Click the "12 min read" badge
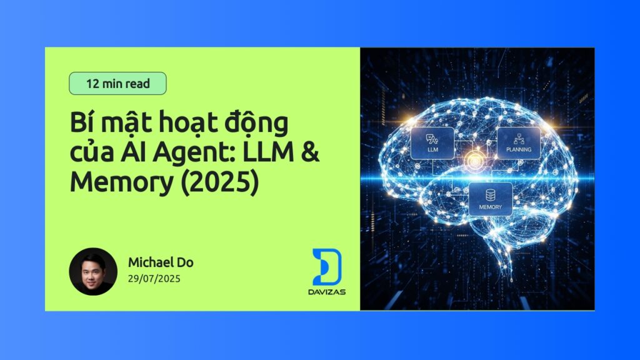pos(117,83)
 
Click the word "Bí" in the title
pos(81,122)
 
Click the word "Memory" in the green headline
pos(122,183)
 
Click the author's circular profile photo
pos(93,271)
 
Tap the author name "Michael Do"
pos(161,262)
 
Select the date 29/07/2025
pos(154,279)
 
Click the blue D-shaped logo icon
pos(326,267)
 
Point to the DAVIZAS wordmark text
pos(326,292)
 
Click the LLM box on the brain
pos(432,143)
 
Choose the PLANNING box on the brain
pos(518,143)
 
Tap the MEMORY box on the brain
pos(490,199)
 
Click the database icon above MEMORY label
pos(490,195)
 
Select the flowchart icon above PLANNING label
pos(519,139)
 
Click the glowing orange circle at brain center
pos(474,162)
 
